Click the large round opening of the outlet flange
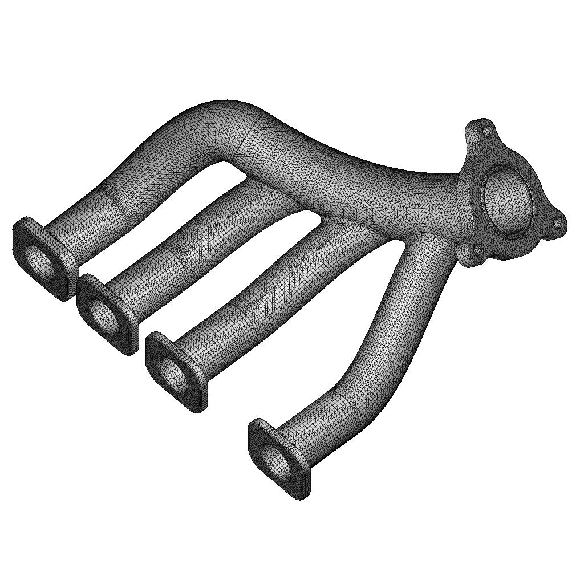[508, 200]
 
